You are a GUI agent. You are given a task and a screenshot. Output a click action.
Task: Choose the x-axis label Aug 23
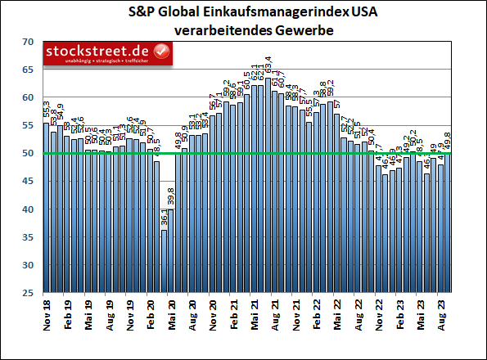[442, 317]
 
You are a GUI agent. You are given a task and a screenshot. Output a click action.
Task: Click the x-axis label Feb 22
[317, 317]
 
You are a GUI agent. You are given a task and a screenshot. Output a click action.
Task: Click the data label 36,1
[164, 217]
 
